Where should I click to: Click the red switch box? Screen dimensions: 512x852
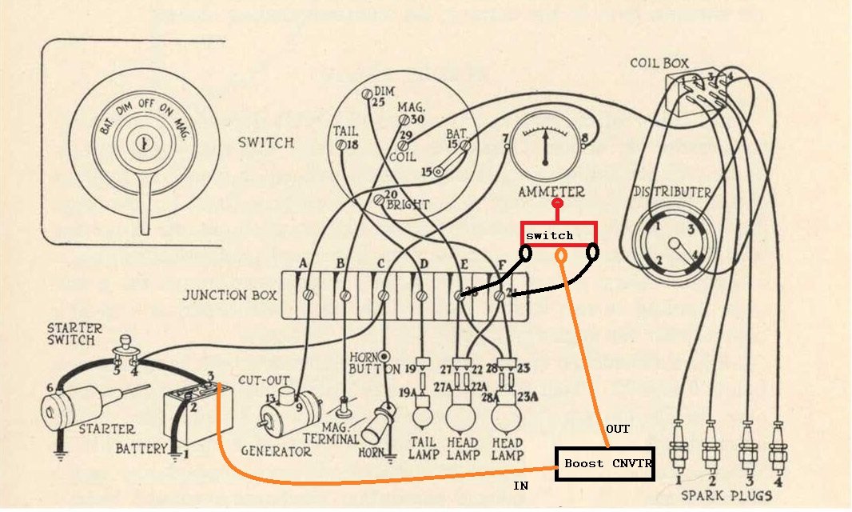559,234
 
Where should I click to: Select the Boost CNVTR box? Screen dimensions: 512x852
605,464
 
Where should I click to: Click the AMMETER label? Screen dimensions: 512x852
551,192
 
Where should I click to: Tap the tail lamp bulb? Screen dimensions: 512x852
420,415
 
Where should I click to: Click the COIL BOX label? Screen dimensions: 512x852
659,62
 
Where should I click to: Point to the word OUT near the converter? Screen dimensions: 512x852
617,430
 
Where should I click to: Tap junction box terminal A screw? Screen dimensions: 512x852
308,295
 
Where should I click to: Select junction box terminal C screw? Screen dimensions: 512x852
384,295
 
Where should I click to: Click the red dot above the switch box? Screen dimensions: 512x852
560,205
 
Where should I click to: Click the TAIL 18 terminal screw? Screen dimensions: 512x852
342,145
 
